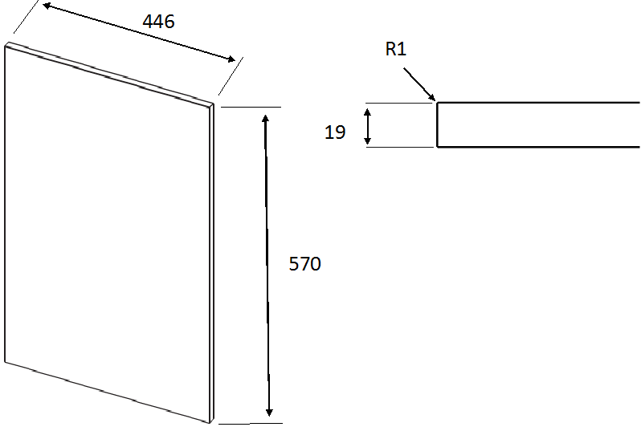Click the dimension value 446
pos(158,21)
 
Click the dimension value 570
pos(305,264)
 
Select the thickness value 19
pos(335,132)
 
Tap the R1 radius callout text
pos(396,49)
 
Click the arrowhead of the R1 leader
pos(432,97)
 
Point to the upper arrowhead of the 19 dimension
pos(368,112)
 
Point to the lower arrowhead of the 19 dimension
pos(368,140)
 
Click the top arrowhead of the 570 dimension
pos(265,120)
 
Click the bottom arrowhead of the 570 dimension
pos(269,412)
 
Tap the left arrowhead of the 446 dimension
pos(47,6)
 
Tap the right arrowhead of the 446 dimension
pos(231,59)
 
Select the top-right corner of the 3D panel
pos(214,104)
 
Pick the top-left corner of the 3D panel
pos(6,43)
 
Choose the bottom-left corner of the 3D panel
pos(5,362)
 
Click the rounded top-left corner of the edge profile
pos(438,103)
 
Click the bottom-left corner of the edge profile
pos(438,146)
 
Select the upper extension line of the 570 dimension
pos(251,107)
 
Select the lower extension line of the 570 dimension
pos(250,424)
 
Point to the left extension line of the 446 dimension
pos(27,16)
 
